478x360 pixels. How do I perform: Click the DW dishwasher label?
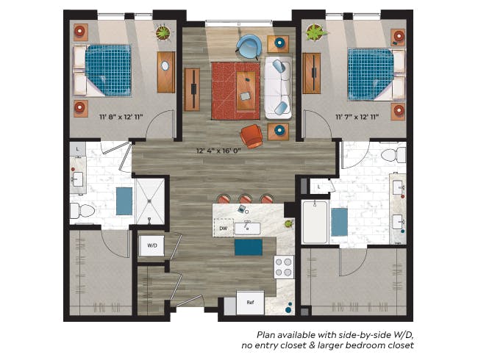click(x=224, y=229)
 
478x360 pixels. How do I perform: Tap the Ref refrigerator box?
click(x=250, y=302)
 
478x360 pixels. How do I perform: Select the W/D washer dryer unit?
click(x=152, y=245)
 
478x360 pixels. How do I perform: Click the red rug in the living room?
click(x=236, y=90)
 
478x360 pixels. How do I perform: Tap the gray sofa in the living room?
click(x=277, y=87)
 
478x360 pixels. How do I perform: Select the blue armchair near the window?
click(x=249, y=47)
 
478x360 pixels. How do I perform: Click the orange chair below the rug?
click(x=252, y=136)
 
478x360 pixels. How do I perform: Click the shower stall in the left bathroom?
click(x=151, y=201)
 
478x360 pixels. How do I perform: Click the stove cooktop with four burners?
click(x=284, y=267)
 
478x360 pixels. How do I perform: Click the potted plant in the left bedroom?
click(x=162, y=32)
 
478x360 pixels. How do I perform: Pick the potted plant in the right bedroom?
click(x=315, y=33)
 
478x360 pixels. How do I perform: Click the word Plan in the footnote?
click(x=266, y=333)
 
